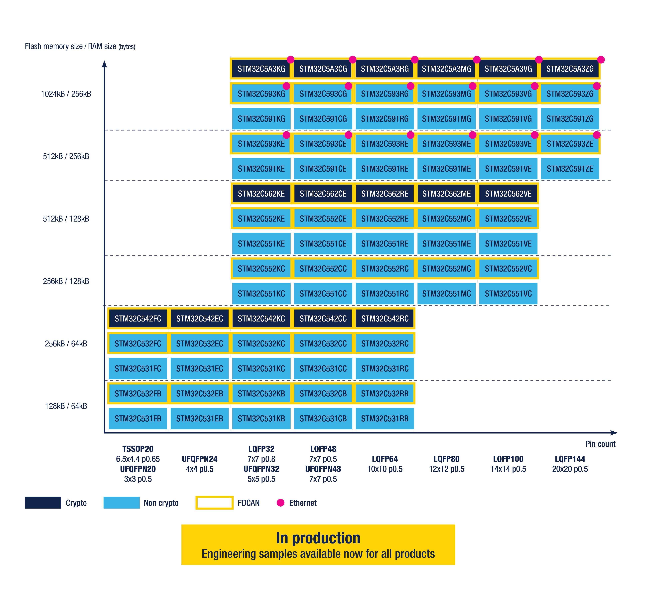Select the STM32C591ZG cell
tap(570, 119)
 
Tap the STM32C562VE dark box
tap(508, 194)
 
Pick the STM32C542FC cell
tap(138, 318)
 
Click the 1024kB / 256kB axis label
tap(66, 94)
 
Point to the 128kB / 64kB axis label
tap(66, 406)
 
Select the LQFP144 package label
tap(570, 459)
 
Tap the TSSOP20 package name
tap(138, 449)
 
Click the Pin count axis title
tap(600, 444)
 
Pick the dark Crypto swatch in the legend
tap(43, 503)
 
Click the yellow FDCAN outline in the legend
tap(214, 503)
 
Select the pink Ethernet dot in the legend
tap(281, 503)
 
